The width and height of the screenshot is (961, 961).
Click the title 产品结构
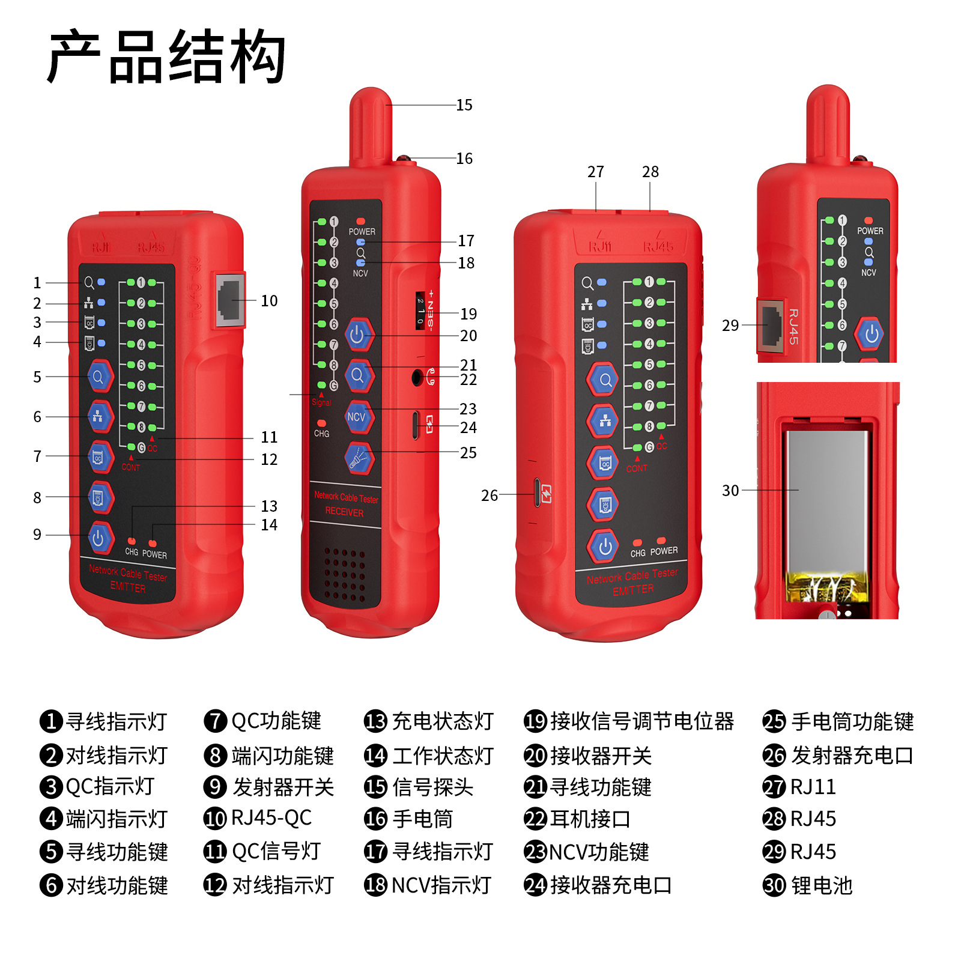[166, 57]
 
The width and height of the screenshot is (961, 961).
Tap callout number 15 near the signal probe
[464, 105]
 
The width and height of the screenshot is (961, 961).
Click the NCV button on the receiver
[357, 417]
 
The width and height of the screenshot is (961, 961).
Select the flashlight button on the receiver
[359, 458]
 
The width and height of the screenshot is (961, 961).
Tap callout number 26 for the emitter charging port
[490, 496]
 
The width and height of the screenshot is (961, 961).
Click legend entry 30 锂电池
[808, 885]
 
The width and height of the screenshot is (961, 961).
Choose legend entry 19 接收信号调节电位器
[629, 721]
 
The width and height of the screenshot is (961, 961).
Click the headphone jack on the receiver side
[417, 378]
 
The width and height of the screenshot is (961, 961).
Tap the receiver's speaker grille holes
[345, 574]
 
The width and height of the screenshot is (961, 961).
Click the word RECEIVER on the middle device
[344, 512]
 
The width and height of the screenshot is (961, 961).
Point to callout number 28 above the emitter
[650, 172]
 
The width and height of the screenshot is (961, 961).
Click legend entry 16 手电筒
[409, 819]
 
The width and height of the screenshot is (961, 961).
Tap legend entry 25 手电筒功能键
[838, 721]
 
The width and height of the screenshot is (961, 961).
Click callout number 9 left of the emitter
[37, 535]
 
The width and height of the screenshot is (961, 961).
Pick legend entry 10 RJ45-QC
[258, 819]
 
